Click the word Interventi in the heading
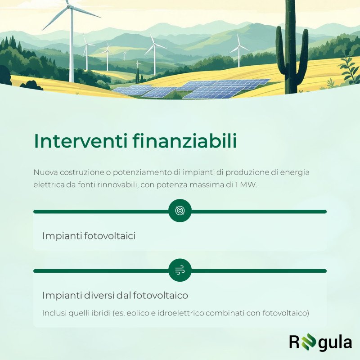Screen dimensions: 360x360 [x=81, y=141]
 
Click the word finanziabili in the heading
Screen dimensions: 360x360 [x=185, y=140]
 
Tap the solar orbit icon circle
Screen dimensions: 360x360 [x=180, y=211]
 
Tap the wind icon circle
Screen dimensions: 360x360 [x=180, y=270]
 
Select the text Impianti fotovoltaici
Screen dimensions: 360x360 [x=89, y=236]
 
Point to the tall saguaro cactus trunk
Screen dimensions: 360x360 [x=291, y=46]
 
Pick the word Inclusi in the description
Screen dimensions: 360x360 [x=54, y=313]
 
